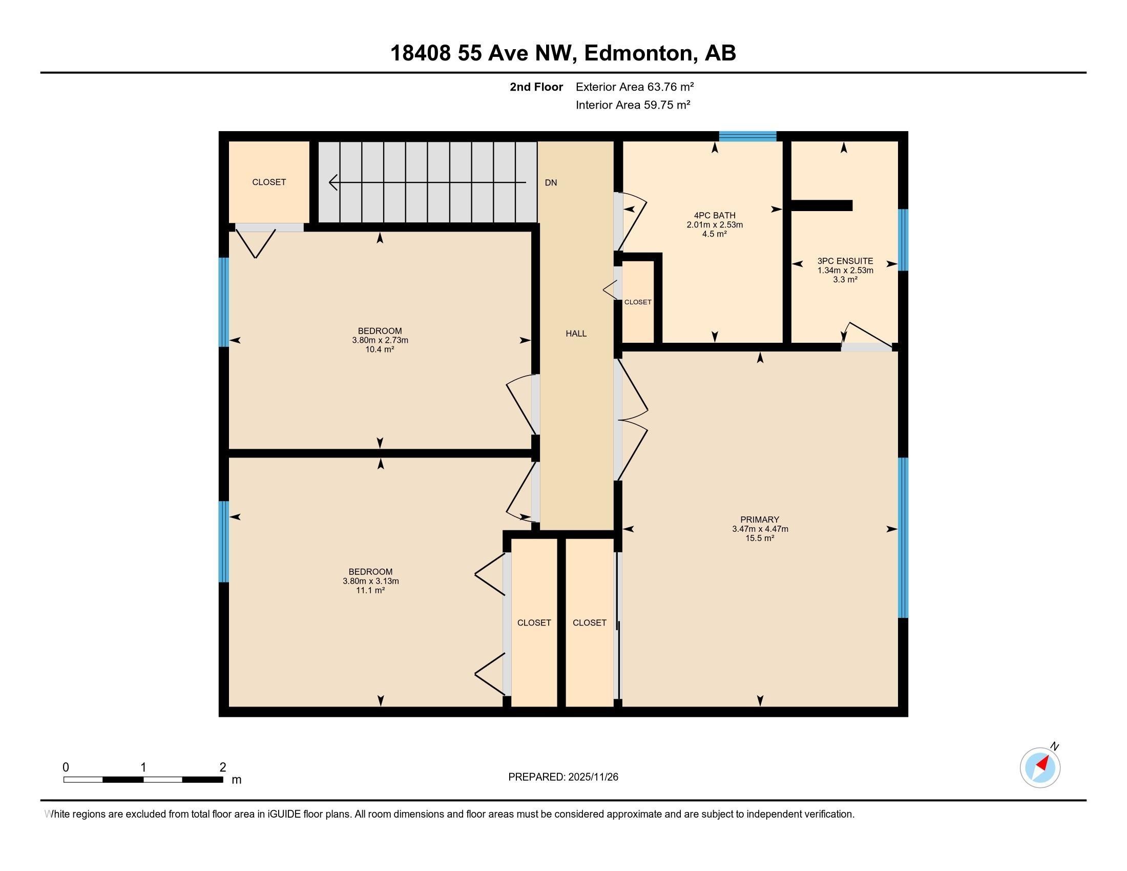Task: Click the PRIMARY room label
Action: click(759, 520)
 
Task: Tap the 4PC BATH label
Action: click(714, 215)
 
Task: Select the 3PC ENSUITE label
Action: click(845, 261)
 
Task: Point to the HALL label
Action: click(576, 334)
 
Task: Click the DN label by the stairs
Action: click(551, 183)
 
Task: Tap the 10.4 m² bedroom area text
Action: click(379, 349)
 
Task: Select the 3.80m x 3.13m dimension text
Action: click(370, 581)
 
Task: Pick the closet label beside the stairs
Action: click(269, 182)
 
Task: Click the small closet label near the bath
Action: click(637, 302)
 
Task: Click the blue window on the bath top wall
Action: click(747, 136)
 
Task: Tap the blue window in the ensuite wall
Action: click(903, 239)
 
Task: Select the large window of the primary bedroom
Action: click(903, 537)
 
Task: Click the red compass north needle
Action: click(1043, 763)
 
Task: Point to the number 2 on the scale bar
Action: click(222, 768)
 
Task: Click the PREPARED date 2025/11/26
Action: click(592, 777)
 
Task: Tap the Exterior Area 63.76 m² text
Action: click(634, 87)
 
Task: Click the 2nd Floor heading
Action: click(536, 87)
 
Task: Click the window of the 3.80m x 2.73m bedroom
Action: click(223, 302)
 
